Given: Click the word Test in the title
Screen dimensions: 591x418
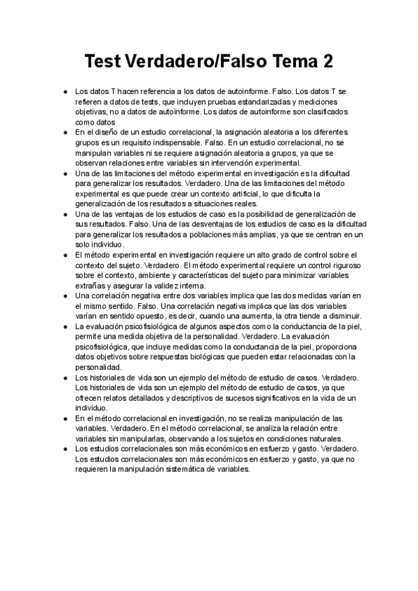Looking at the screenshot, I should point(102,62).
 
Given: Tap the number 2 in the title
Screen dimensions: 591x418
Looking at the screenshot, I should point(326,62).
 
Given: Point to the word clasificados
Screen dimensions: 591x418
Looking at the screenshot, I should point(327,112).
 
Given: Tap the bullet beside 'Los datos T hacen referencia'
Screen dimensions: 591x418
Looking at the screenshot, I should point(65,91).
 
